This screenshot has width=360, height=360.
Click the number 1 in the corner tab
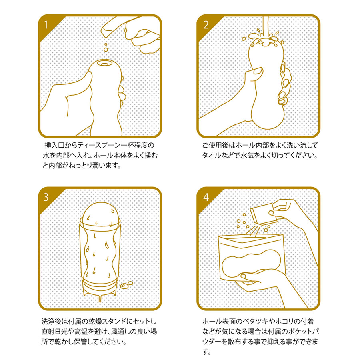tap(46, 25)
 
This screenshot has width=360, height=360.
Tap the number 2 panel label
tap(206, 25)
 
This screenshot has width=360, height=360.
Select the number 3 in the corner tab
tap(46, 197)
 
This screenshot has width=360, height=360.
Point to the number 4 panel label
tap(206, 197)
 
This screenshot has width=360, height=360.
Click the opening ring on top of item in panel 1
tap(105, 64)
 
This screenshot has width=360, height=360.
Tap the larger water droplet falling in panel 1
tap(106, 49)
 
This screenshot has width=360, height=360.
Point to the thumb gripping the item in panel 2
tap(256, 73)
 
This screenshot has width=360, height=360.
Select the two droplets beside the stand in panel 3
tap(126, 285)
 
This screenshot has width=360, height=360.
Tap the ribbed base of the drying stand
tap(100, 288)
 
